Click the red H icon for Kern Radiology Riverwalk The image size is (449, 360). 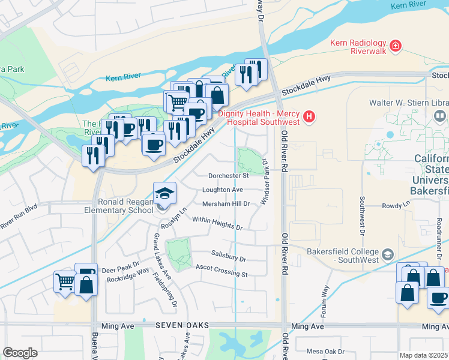[395, 46]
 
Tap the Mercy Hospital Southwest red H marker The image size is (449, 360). [309, 116]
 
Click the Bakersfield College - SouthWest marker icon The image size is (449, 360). [387, 255]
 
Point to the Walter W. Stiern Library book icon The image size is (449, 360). [441, 115]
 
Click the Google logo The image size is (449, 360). [20, 353]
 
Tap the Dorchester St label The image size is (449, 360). [228, 176]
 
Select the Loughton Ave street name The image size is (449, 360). [223, 190]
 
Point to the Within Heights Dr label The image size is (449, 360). [217, 224]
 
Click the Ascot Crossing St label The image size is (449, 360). [221, 271]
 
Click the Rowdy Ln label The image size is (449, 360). [396, 206]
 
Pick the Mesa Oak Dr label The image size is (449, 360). [324, 352]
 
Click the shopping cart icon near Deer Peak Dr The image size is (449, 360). [65, 282]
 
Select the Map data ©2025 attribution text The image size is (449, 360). [423, 355]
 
